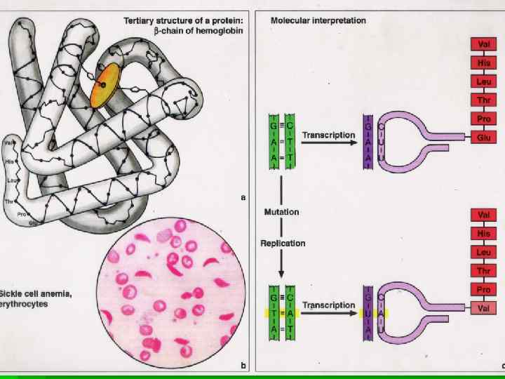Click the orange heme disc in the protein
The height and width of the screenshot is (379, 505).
[x=106, y=86]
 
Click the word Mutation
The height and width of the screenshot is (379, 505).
[x=281, y=211]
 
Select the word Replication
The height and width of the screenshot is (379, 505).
[x=283, y=243]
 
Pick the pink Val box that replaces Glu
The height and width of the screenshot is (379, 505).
[x=483, y=307]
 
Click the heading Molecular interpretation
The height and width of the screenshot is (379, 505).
[x=318, y=20]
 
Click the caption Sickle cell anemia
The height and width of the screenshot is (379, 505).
[x=34, y=291]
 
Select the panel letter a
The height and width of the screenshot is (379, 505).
[x=243, y=197]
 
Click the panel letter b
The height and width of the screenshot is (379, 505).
[x=243, y=365]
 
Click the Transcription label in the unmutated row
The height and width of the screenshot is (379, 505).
[x=328, y=134]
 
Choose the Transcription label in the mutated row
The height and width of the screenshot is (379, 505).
[x=328, y=305]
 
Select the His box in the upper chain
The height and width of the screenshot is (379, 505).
[x=483, y=62]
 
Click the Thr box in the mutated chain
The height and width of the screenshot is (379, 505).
[x=483, y=270]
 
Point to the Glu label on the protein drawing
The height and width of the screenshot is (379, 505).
[x=33, y=222]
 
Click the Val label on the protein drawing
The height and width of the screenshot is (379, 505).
[x=9, y=142]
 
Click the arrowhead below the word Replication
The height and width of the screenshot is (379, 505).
[x=281, y=273]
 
